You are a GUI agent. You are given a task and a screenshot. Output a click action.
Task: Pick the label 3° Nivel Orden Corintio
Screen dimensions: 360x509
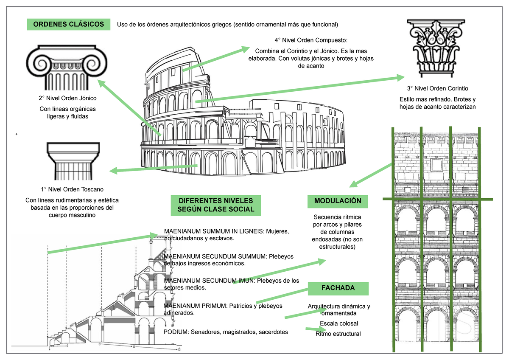click(437, 89)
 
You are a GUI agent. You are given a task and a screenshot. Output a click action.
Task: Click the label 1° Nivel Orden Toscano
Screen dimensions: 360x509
click(71, 189)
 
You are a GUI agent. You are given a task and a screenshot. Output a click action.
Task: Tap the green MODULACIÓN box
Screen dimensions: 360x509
click(338, 201)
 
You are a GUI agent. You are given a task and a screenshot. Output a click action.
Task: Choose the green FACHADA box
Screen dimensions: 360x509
click(338, 288)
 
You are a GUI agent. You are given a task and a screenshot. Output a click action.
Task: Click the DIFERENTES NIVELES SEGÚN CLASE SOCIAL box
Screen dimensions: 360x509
click(216, 205)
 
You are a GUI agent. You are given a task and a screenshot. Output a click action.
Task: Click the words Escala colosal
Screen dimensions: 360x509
click(338, 323)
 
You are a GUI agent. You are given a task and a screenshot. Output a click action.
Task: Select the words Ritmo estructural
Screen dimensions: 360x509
click(338, 334)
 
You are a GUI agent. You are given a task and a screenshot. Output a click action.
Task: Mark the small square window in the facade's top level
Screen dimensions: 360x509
click(437, 163)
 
